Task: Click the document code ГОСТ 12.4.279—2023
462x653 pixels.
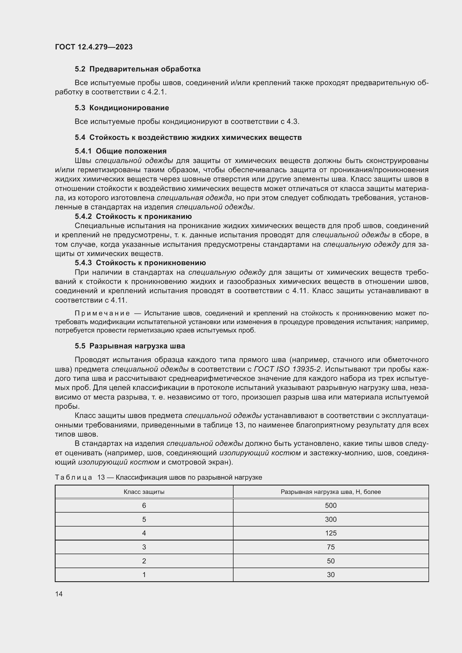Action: pyautogui.click(x=94, y=47)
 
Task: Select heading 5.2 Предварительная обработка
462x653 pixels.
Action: pyautogui.click(x=138, y=69)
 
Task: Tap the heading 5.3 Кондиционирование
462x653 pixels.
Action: pyautogui.click(x=122, y=108)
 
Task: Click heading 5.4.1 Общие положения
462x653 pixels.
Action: pyautogui.click(x=121, y=151)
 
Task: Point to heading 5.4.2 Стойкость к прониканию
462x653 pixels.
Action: pyautogui.click(x=133, y=216)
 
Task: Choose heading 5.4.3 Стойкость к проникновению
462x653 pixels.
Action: pyautogui.click(x=140, y=263)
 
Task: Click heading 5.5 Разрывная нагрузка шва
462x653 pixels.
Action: pyautogui.click(x=130, y=346)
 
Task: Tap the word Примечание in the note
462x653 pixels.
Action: pyautogui.click(x=102, y=314)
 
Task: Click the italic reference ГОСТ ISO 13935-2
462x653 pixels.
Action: pyautogui.click(x=287, y=369)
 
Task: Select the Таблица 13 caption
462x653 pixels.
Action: pyautogui.click(x=158, y=477)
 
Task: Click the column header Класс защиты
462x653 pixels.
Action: pyautogui.click(x=144, y=492)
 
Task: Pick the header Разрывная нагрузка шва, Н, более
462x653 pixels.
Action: pyautogui.click(x=330, y=492)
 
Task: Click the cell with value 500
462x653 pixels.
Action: pyautogui.click(x=330, y=505)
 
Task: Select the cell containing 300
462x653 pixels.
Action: pyautogui.click(x=330, y=519)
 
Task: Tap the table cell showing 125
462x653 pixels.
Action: pyautogui.click(x=330, y=533)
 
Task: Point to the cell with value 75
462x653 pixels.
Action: pyautogui.click(x=330, y=547)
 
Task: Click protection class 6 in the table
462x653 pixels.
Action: pyautogui.click(x=144, y=505)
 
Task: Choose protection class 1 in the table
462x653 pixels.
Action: pyautogui.click(x=144, y=575)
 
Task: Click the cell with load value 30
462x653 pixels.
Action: pyautogui.click(x=330, y=575)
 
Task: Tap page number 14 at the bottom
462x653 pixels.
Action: pyautogui.click(x=59, y=594)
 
